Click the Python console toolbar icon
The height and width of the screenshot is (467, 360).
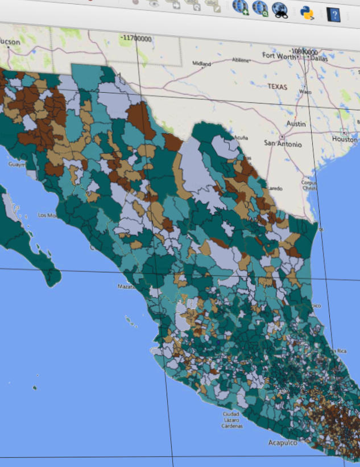pos(307,11)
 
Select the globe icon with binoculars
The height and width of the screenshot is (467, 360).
pos(280,9)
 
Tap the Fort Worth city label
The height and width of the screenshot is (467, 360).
pos(279,56)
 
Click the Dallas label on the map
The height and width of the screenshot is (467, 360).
pos(320,57)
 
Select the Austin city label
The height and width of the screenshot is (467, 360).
pos(297,124)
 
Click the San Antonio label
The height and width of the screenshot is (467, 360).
pos(283,144)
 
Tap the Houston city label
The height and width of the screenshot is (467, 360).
pos(345,139)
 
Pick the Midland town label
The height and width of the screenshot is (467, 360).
pos(201,63)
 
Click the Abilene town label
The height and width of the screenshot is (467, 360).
pos(241,60)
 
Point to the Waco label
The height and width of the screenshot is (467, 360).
pos(305,92)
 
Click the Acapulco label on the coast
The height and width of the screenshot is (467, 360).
pos(284,441)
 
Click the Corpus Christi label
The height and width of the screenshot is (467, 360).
pos(309,185)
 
